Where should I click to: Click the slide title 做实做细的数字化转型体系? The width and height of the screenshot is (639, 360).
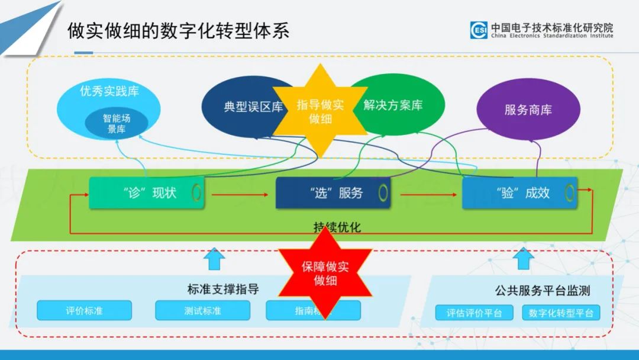pos(178,30)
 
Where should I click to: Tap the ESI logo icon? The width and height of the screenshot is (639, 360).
pos(479,30)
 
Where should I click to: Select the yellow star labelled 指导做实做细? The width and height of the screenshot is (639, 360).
pos(320,111)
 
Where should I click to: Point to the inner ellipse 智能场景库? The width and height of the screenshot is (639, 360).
pos(116,123)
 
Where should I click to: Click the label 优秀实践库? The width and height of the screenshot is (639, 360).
pos(109,91)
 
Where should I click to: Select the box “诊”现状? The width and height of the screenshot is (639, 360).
pos(147,192)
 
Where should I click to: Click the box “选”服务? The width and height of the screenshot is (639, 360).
pos(333,193)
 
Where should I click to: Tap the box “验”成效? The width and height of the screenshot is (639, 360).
pos(519,193)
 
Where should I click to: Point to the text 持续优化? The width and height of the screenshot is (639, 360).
pos(337,227)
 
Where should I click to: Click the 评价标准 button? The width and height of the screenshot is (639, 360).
pos(84,310)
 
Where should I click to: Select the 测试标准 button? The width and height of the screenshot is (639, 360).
pos(202,310)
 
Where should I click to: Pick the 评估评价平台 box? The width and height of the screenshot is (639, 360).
pos(474,313)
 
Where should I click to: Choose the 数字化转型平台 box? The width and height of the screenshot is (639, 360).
pos(560,313)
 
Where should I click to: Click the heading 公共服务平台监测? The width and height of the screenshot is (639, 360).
pos(542,291)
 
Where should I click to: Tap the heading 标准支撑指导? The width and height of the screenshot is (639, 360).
pos(223,290)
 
